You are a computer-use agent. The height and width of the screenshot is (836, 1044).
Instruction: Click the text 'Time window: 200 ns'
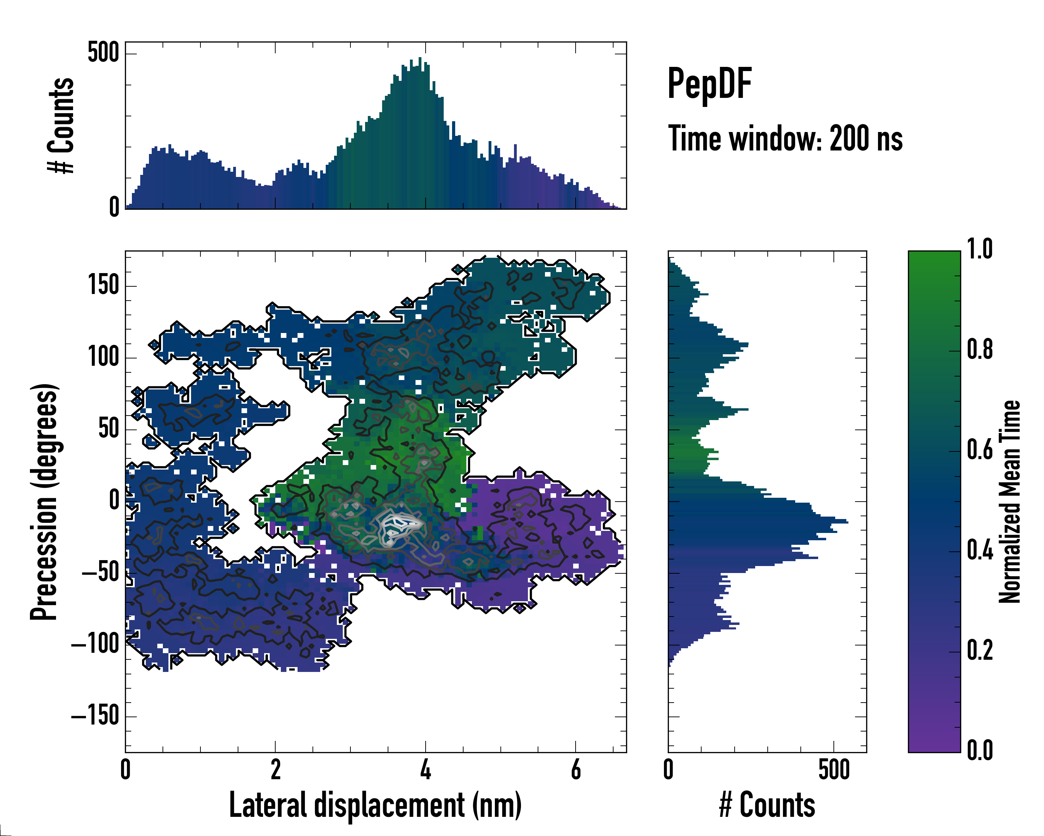point(785,139)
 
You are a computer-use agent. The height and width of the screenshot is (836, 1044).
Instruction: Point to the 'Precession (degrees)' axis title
point(45,502)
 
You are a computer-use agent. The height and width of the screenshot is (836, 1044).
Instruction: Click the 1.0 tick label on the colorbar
point(980,250)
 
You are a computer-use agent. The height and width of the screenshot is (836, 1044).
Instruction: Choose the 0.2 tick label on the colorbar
point(980,650)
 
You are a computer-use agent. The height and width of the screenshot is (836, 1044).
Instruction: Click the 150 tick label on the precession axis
point(103,285)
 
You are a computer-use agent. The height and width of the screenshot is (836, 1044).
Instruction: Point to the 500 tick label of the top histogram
point(103,52)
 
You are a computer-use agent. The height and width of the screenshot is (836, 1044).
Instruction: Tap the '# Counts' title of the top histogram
point(61,125)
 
